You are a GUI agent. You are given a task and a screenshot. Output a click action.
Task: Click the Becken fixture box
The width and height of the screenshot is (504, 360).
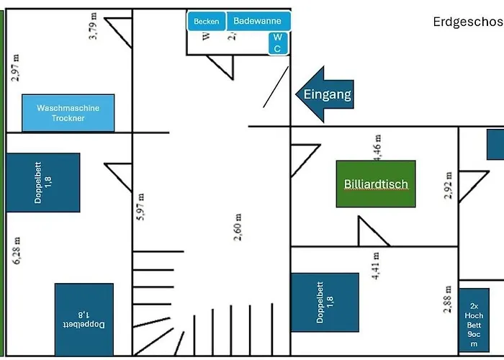pos(207,22)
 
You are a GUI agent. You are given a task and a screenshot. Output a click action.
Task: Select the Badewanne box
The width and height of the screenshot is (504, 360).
pos(258,21)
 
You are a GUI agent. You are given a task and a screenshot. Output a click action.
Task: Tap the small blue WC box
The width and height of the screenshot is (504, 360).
pos(278,42)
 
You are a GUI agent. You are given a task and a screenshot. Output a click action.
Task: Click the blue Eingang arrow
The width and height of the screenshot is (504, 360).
pos(325,94)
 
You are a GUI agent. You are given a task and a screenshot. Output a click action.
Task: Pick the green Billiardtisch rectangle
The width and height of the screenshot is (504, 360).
pos(375,184)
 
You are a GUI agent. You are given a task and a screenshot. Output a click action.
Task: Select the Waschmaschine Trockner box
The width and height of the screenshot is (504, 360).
pos(68,112)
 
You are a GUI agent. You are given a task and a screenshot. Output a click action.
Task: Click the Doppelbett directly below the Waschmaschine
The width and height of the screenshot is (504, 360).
pos(42,182)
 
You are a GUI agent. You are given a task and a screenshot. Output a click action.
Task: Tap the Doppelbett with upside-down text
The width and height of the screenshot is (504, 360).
pos(84,319)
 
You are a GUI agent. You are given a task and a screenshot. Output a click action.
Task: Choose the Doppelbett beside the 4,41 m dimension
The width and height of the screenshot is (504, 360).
pos(325,302)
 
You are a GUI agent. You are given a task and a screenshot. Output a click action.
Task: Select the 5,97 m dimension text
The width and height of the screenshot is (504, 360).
pos(141,211)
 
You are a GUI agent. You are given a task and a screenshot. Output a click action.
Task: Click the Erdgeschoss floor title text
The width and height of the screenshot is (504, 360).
pos(468,22)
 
